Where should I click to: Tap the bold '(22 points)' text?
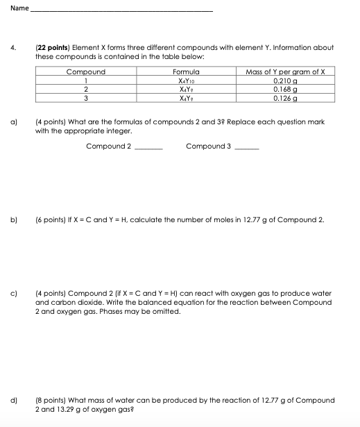tap(53, 48)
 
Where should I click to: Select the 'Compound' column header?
tap(85, 72)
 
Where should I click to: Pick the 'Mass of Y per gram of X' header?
tap(290, 72)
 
